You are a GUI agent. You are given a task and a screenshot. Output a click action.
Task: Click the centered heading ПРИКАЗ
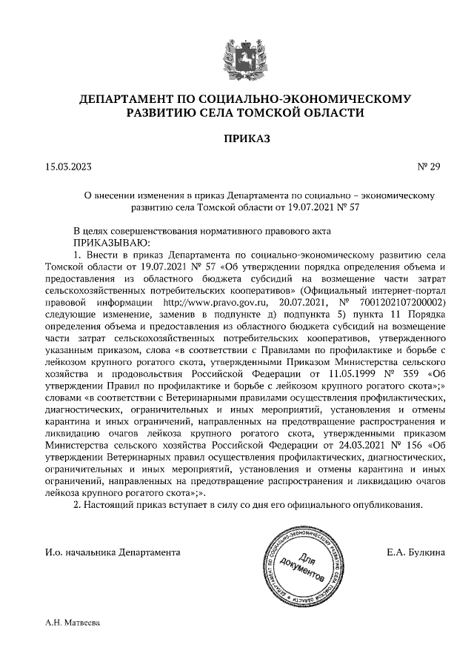tap(237, 138)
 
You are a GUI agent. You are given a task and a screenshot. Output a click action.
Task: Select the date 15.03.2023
tap(69, 167)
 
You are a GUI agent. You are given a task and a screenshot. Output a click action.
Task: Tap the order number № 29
tap(429, 167)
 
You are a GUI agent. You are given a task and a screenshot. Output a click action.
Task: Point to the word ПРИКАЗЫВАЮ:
tap(111, 242)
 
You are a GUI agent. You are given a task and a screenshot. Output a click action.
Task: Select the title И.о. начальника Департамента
tap(112, 552)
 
